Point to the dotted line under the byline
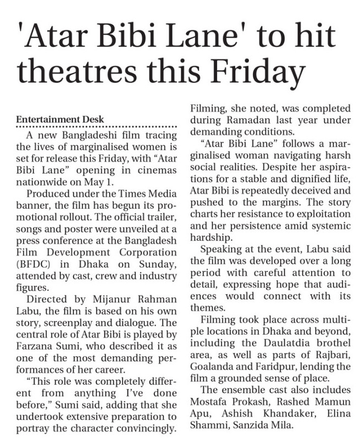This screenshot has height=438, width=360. click(x=99, y=126)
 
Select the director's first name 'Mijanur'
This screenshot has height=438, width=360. click(x=94, y=299)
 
